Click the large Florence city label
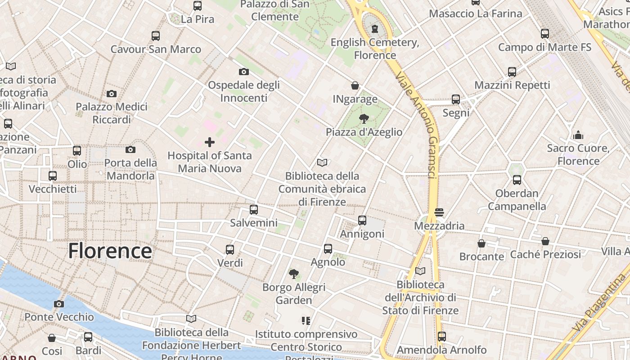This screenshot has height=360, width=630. (x=110, y=251)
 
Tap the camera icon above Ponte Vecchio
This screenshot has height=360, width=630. (x=59, y=304)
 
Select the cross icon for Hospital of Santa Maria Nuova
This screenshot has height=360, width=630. (x=210, y=143)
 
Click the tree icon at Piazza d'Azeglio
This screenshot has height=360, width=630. (x=364, y=119)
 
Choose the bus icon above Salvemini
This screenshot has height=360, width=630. (x=254, y=210)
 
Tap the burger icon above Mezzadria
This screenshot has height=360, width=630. (x=439, y=212)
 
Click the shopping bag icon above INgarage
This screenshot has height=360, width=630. (x=355, y=85)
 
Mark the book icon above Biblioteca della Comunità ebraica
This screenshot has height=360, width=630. (x=322, y=162)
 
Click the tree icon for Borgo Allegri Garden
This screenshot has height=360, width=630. (x=294, y=274)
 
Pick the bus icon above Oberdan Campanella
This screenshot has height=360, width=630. (x=517, y=180)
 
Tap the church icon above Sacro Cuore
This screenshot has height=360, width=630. (x=578, y=135)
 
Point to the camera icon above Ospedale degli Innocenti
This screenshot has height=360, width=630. (x=244, y=72)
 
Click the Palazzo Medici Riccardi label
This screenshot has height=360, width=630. (x=112, y=113)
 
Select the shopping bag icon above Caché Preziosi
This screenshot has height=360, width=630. (x=545, y=241)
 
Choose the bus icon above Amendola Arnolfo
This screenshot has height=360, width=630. (x=442, y=336)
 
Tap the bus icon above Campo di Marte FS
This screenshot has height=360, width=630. (x=545, y=34)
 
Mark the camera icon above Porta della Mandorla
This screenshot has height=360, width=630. (x=130, y=149)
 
